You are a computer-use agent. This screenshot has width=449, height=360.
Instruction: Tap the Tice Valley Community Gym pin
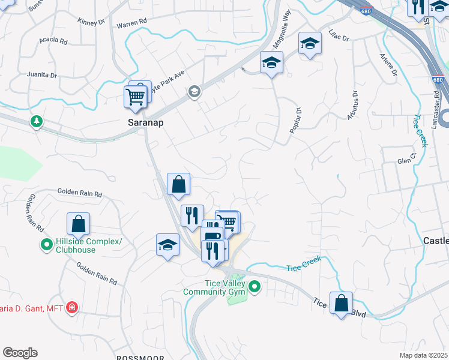point(255,287)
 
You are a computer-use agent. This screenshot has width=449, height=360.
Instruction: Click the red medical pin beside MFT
point(72,308)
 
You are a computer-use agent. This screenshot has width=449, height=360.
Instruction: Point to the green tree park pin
point(37,122)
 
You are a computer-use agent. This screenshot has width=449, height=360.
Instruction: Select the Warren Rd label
point(131,23)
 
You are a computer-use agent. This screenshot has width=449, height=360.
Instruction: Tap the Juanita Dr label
point(42,76)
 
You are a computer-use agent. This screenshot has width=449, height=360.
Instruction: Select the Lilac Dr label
point(339,35)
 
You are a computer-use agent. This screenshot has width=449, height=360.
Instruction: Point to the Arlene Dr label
point(388,64)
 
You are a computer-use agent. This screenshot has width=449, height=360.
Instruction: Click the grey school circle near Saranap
point(194,92)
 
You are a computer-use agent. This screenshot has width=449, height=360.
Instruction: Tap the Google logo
point(20,353)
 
